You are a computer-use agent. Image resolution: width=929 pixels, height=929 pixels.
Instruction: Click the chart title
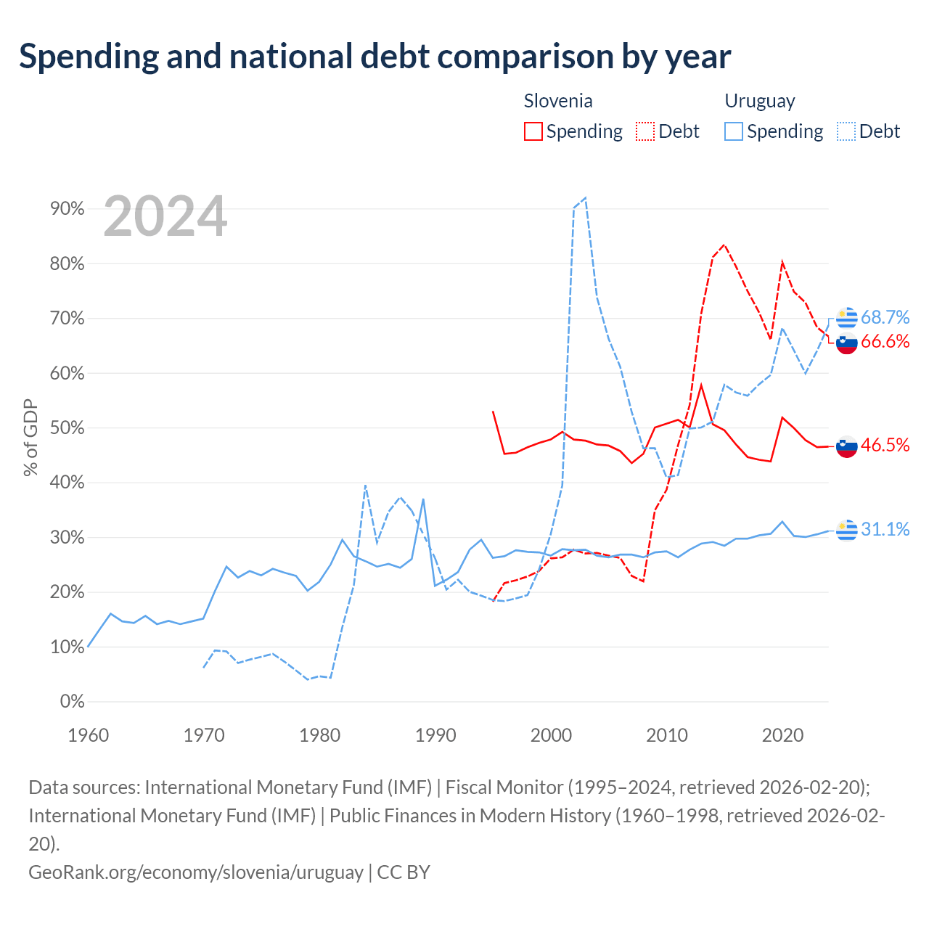(375, 57)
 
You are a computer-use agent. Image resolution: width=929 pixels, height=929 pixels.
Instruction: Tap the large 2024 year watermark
(165, 216)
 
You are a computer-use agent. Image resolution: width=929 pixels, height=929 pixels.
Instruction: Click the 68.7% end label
(885, 317)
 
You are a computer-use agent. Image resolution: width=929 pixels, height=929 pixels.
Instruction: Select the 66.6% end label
(885, 341)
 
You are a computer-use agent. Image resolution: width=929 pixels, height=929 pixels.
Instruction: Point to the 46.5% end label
(885, 444)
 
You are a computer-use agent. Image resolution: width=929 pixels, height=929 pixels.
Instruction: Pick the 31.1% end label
(885, 529)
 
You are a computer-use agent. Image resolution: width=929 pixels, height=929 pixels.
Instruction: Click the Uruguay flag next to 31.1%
(846, 530)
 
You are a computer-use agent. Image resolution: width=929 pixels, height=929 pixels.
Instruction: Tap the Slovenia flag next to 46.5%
(846, 446)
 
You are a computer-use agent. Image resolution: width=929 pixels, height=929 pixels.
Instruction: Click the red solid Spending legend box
(533, 131)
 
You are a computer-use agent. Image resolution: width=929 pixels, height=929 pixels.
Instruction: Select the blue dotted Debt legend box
(846, 131)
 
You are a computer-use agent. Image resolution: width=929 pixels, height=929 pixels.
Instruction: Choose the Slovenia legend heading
(558, 101)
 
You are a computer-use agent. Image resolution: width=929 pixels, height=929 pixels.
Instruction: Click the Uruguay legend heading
(760, 101)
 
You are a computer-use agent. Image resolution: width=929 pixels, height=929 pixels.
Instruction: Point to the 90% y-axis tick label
(67, 209)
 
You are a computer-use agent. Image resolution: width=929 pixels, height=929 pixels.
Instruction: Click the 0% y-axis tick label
(73, 701)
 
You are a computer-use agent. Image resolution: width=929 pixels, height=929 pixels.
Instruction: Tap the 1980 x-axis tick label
(319, 735)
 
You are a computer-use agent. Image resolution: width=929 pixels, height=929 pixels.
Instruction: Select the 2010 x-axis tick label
(667, 735)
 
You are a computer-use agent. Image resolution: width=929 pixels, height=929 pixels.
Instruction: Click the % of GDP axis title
(30, 437)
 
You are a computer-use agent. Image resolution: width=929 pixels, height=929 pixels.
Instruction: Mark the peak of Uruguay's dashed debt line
(585, 197)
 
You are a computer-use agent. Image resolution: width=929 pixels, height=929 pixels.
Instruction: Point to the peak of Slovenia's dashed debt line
(724, 245)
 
